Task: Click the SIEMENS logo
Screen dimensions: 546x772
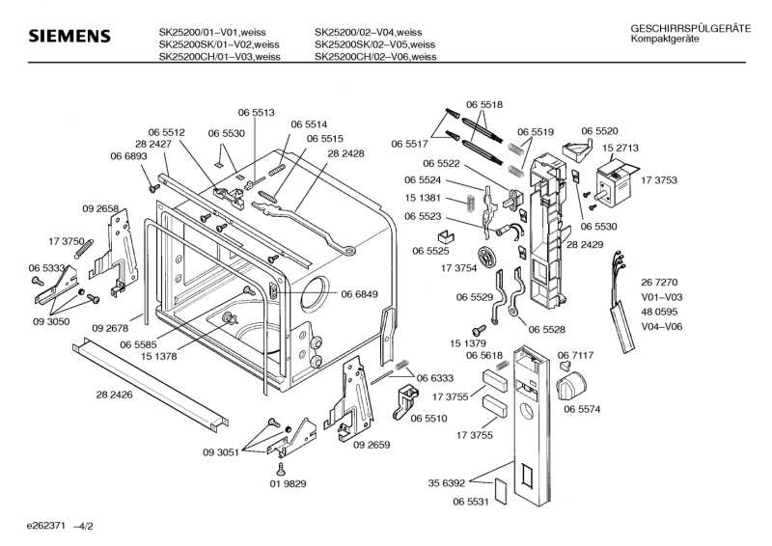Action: tap(67, 36)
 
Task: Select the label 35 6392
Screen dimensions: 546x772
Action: tap(447, 482)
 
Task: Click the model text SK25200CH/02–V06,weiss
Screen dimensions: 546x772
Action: tap(374, 57)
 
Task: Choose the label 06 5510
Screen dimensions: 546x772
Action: tap(428, 419)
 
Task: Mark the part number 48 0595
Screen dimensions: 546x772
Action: tap(661, 312)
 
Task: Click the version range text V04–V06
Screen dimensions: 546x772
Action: tap(661, 326)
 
